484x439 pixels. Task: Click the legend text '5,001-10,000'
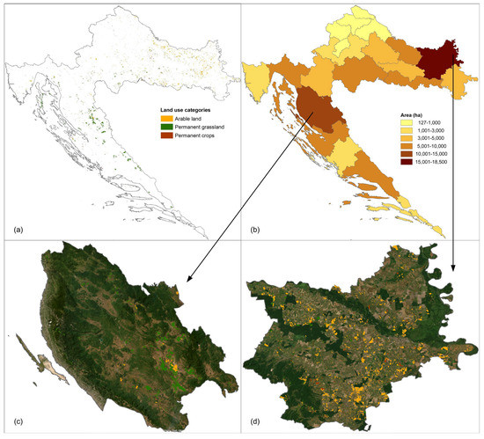[421, 154]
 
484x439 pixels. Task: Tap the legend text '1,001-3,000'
[419, 135]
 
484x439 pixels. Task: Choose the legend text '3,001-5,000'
[419, 144]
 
